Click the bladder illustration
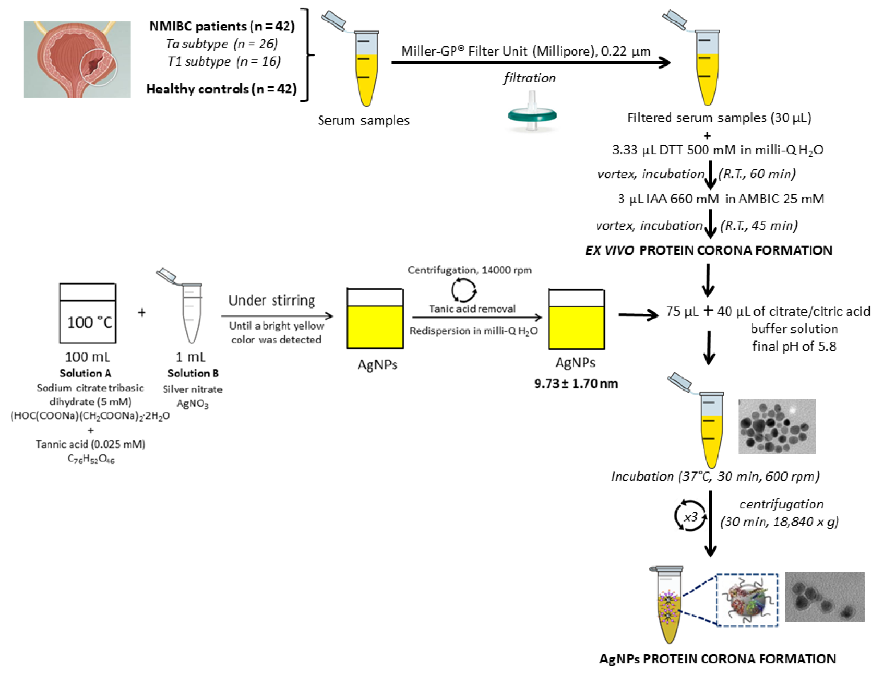(x=77, y=60)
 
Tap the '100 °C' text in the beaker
(x=89, y=322)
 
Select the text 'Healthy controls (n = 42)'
(x=221, y=89)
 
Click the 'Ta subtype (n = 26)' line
(x=222, y=44)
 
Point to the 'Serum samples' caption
(x=363, y=120)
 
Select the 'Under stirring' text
(x=272, y=300)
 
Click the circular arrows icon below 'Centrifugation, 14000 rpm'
(x=463, y=290)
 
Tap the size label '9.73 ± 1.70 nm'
(x=575, y=384)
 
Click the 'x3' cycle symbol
(x=691, y=516)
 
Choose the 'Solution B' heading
(x=193, y=373)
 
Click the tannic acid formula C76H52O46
(x=91, y=459)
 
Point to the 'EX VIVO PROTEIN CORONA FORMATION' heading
(x=708, y=250)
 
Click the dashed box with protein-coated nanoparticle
(x=747, y=600)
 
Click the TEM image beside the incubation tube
(x=777, y=426)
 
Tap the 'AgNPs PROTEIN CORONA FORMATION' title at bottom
(x=717, y=659)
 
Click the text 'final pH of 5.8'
(x=794, y=346)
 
